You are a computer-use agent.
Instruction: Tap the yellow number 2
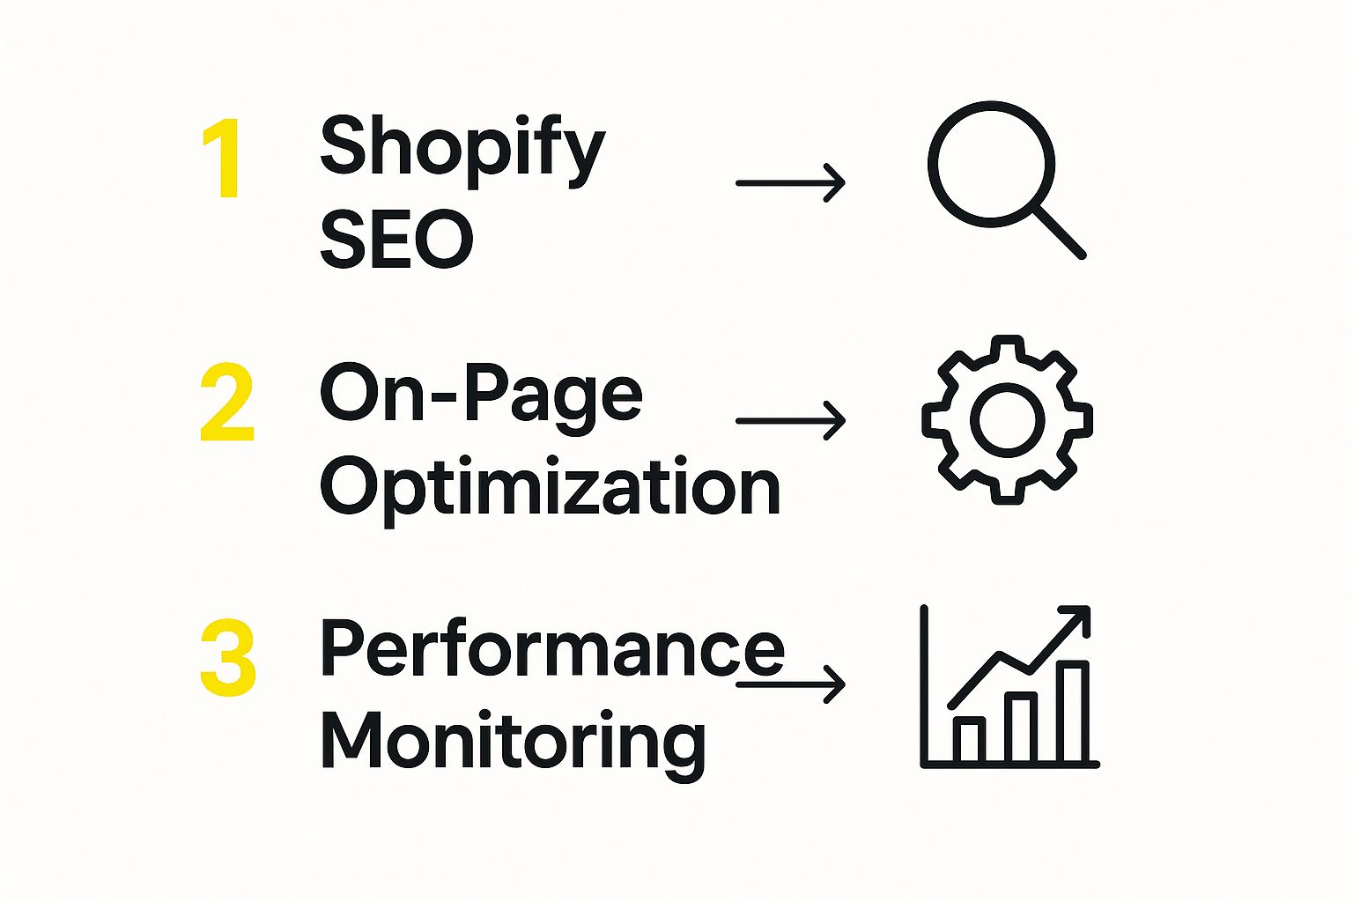coord(226,402)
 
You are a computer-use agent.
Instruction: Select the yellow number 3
coord(228,657)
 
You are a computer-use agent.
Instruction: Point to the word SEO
coord(396,238)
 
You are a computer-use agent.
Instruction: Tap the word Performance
coord(552,647)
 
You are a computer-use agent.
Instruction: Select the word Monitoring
coord(514,745)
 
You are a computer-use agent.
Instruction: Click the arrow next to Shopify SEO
coord(791,182)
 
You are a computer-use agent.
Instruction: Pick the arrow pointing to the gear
coord(791,420)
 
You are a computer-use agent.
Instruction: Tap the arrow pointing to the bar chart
coord(791,684)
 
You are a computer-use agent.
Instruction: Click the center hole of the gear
coord(1007,420)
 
